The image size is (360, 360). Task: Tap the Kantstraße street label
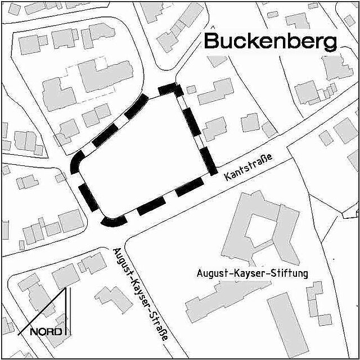point(247,167)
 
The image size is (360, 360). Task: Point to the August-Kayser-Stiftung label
point(253,274)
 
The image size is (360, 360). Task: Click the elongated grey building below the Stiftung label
point(225,301)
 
